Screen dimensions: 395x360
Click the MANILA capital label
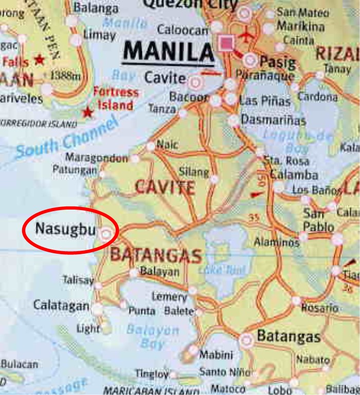(169, 52)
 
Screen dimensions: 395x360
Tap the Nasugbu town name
(65, 229)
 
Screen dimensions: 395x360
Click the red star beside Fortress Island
(88, 111)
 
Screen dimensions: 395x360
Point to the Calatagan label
(61, 305)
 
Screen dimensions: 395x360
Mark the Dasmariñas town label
(274, 121)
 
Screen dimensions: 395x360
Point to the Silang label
(194, 172)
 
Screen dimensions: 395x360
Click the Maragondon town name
(97, 158)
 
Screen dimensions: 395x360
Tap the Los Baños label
(316, 190)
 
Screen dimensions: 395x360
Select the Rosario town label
(320, 308)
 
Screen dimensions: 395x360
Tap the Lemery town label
(169, 296)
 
